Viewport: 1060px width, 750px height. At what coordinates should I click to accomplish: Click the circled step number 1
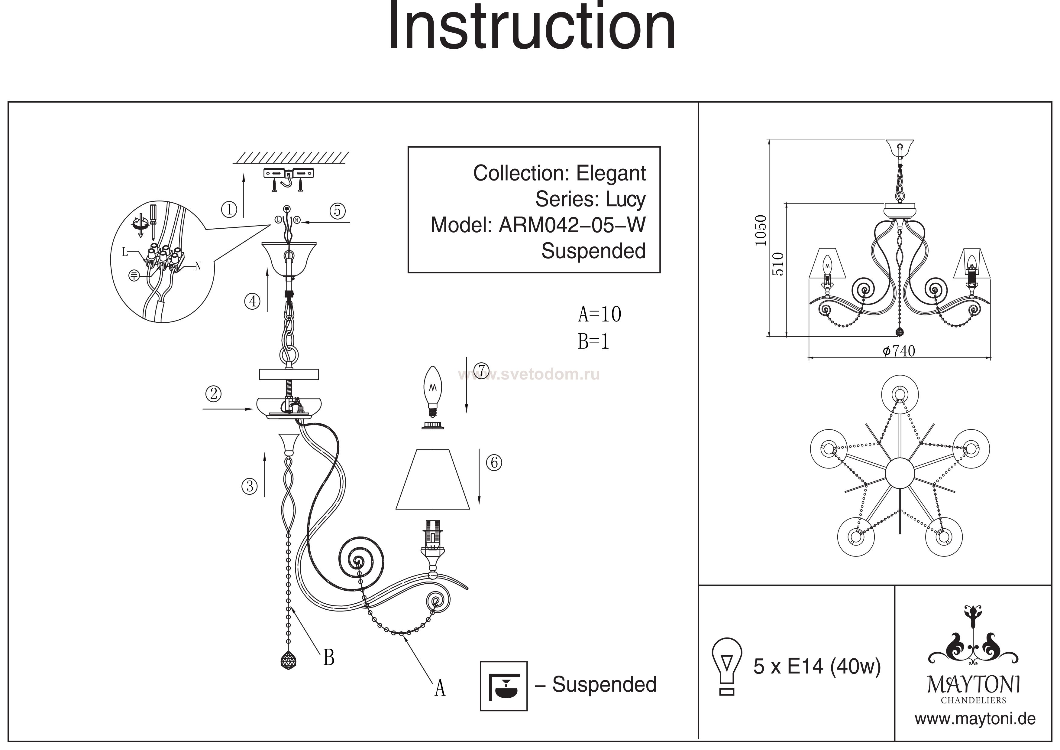coord(229,210)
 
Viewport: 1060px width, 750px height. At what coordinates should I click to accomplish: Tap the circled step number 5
coord(338,211)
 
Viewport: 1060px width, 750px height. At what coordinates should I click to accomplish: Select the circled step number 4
coord(252,302)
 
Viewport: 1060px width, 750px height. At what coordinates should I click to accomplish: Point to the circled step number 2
coord(213,394)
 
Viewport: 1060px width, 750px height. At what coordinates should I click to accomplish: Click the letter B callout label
coord(329,657)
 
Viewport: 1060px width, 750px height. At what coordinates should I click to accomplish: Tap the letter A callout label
coord(440,689)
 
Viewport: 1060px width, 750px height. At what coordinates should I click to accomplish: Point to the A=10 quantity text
coord(599,315)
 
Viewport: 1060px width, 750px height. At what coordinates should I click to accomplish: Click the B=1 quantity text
coord(593,342)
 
